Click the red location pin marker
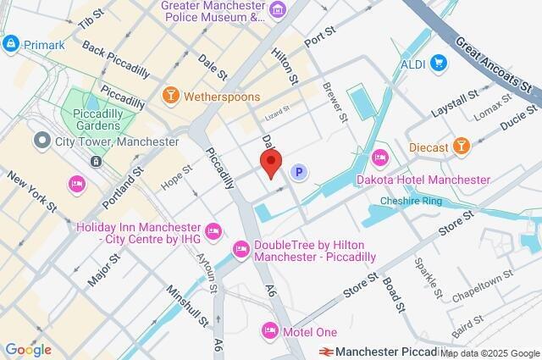(x=270, y=163)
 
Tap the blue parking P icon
(x=298, y=173)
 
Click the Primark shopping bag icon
(x=11, y=42)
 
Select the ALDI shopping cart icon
(x=439, y=62)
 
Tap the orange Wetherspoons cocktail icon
(x=170, y=97)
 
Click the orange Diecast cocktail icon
(x=462, y=146)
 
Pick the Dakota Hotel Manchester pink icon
(x=380, y=158)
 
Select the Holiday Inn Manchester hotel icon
(x=213, y=229)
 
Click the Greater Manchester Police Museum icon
(x=279, y=9)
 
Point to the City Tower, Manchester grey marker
(x=40, y=141)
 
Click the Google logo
(x=27, y=349)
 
